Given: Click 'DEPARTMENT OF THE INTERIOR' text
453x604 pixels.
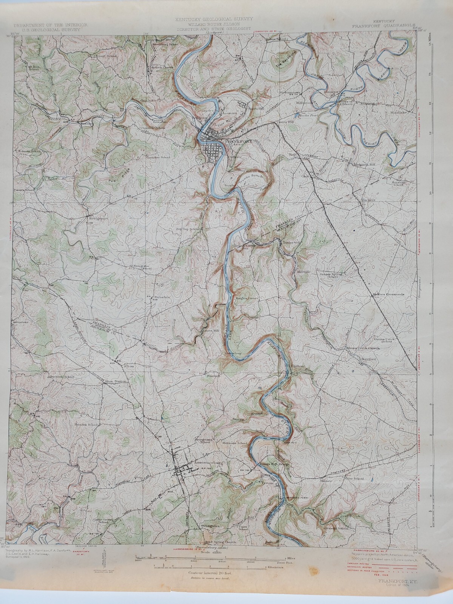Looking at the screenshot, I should click(x=51, y=25).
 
